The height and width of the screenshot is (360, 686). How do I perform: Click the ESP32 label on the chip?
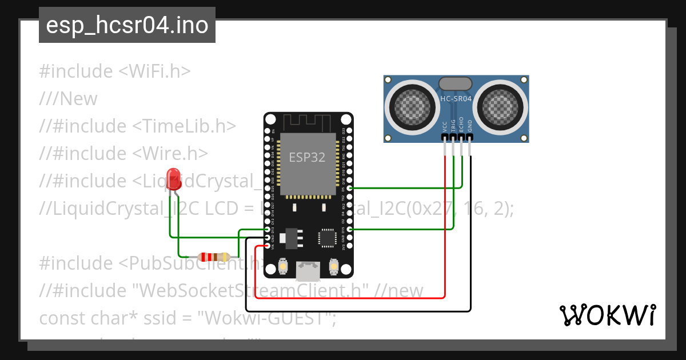pyautogui.click(x=307, y=157)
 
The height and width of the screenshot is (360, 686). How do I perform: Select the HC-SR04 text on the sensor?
pyautogui.click(x=456, y=99)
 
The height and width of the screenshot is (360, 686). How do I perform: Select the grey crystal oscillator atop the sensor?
pyautogui.click(x=456, y=83)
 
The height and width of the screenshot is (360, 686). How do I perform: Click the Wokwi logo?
pyautogui.click(x=608, y=315)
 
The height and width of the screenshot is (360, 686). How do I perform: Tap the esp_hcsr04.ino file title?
pyautogui.click(x=127, y=25)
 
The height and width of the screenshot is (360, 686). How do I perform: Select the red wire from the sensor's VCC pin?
pyautogui.click(x=445, y=229)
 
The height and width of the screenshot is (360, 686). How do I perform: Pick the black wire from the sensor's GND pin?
pyautogui.click(x=470, y=240)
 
